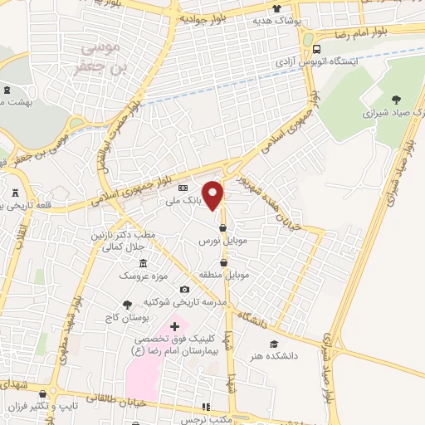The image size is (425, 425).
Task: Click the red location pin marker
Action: pyautogui.click(x=213, y=193)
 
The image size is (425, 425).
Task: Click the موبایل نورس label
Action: pyautogui.click(x=217, y=240)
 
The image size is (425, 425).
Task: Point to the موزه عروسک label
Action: pyautogui.click(x=136, y=274)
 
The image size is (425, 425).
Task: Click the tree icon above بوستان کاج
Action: pyautogui.click(x=126, y=305)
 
